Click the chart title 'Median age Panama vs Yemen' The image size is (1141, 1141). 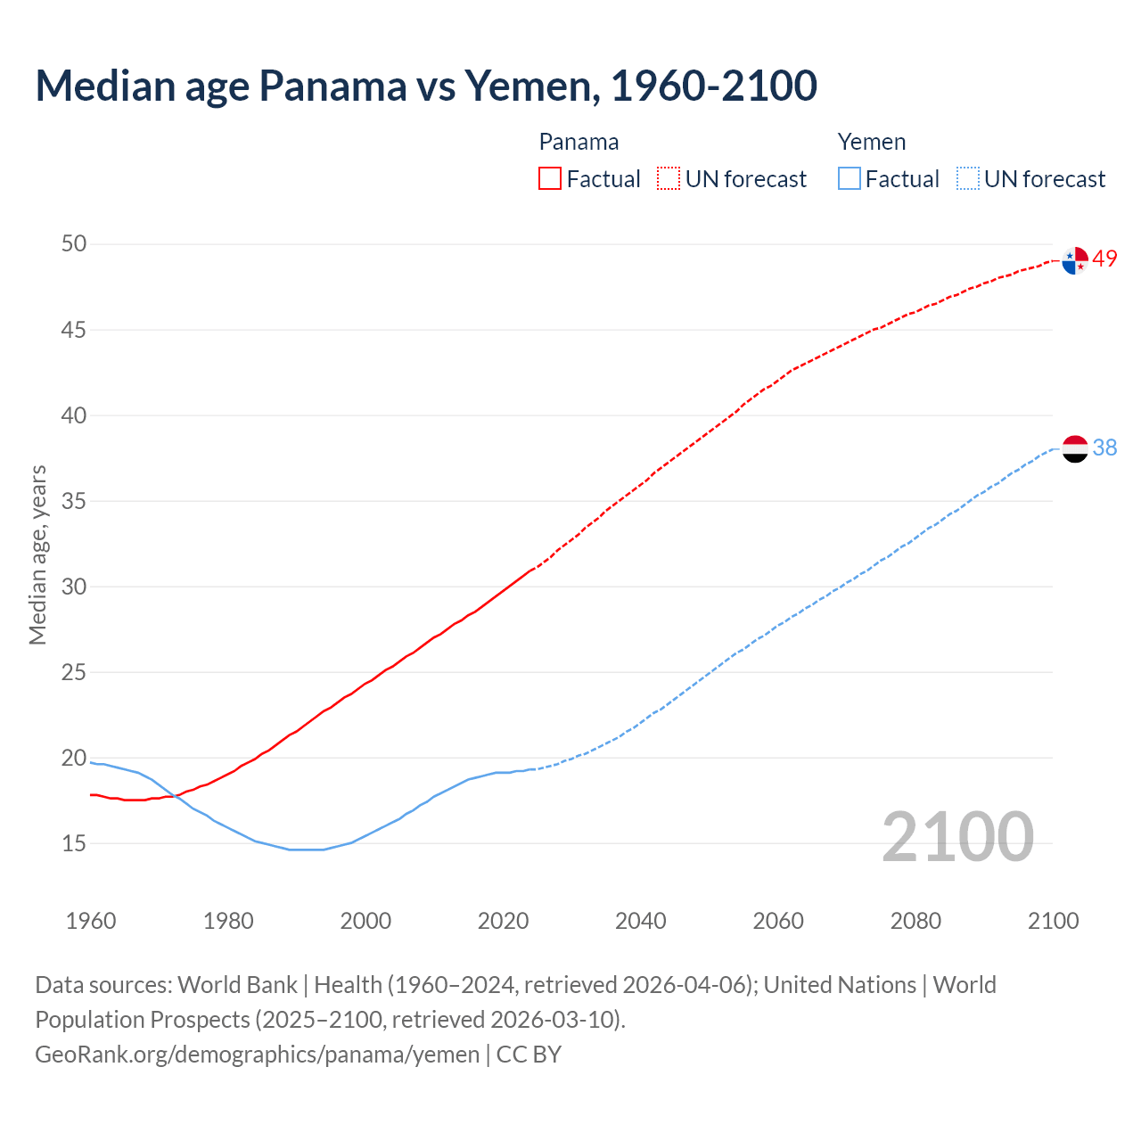(426, 86)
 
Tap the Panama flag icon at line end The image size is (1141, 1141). (1075, 260)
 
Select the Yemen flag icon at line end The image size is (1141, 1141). (1075, 448)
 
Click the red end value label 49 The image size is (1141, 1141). (1105, 259)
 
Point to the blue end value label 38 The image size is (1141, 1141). (1105, 447)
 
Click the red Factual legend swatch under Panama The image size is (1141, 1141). (550, 179)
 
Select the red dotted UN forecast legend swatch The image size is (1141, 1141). (669, 179)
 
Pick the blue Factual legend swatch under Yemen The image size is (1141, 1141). (850, 179)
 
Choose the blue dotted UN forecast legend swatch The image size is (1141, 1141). (968, 179)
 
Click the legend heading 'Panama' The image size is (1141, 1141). (579, 142)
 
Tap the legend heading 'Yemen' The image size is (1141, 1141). (871, 142)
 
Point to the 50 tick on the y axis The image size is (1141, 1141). (74, 243)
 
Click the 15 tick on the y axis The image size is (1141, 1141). (74, 843)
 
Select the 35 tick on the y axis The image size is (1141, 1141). (74, 501)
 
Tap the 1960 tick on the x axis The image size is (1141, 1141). (91, 921)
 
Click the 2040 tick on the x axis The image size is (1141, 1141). (640, 921)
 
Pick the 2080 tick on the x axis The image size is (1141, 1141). (915, 921)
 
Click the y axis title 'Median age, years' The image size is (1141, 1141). (37, 554)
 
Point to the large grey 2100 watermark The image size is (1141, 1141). (957, 837)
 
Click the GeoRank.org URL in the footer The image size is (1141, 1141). (258, 1055)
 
